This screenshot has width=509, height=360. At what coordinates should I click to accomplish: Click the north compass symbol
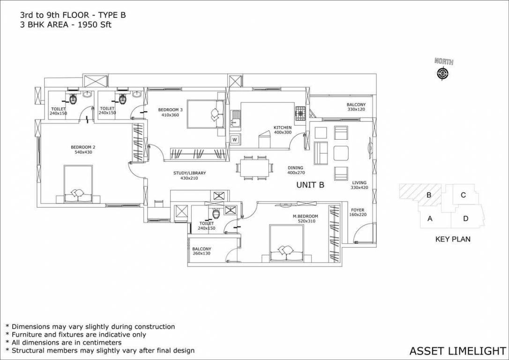pyautogui.click(x=442, y=73)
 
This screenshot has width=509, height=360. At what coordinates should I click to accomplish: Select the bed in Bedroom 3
pyautogui.click(x=205, y=113)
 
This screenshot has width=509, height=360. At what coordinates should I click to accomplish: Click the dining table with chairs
pyautogui.click(x=253, y=167)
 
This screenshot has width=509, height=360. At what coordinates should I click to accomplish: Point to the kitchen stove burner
pyautogui.click(x=299, y=112)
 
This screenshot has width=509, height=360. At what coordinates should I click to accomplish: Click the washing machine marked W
pyautogui.click(x=234, y=139)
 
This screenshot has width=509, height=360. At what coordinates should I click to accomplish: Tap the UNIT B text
pyautogui.click(x=310, y=185)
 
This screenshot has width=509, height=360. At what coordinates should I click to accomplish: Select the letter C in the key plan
pyautogui.click(x=463, y=195)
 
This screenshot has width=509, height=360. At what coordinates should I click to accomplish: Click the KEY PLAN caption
pyautogui.click(x=453, y=239)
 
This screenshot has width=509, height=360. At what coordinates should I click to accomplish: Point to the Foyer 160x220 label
pyautogui.click(x=358, y=212)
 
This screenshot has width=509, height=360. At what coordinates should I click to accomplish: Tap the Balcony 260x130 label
pyautogui.click(x=202, y=252)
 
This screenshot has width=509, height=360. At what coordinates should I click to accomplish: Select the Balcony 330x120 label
pyautogui.click(x=356, y=107)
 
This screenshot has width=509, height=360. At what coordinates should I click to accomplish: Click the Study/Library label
pyautogui.click(x=189, y=175)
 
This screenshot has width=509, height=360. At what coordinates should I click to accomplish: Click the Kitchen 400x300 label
pyautogui.click(x=283, y=130)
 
